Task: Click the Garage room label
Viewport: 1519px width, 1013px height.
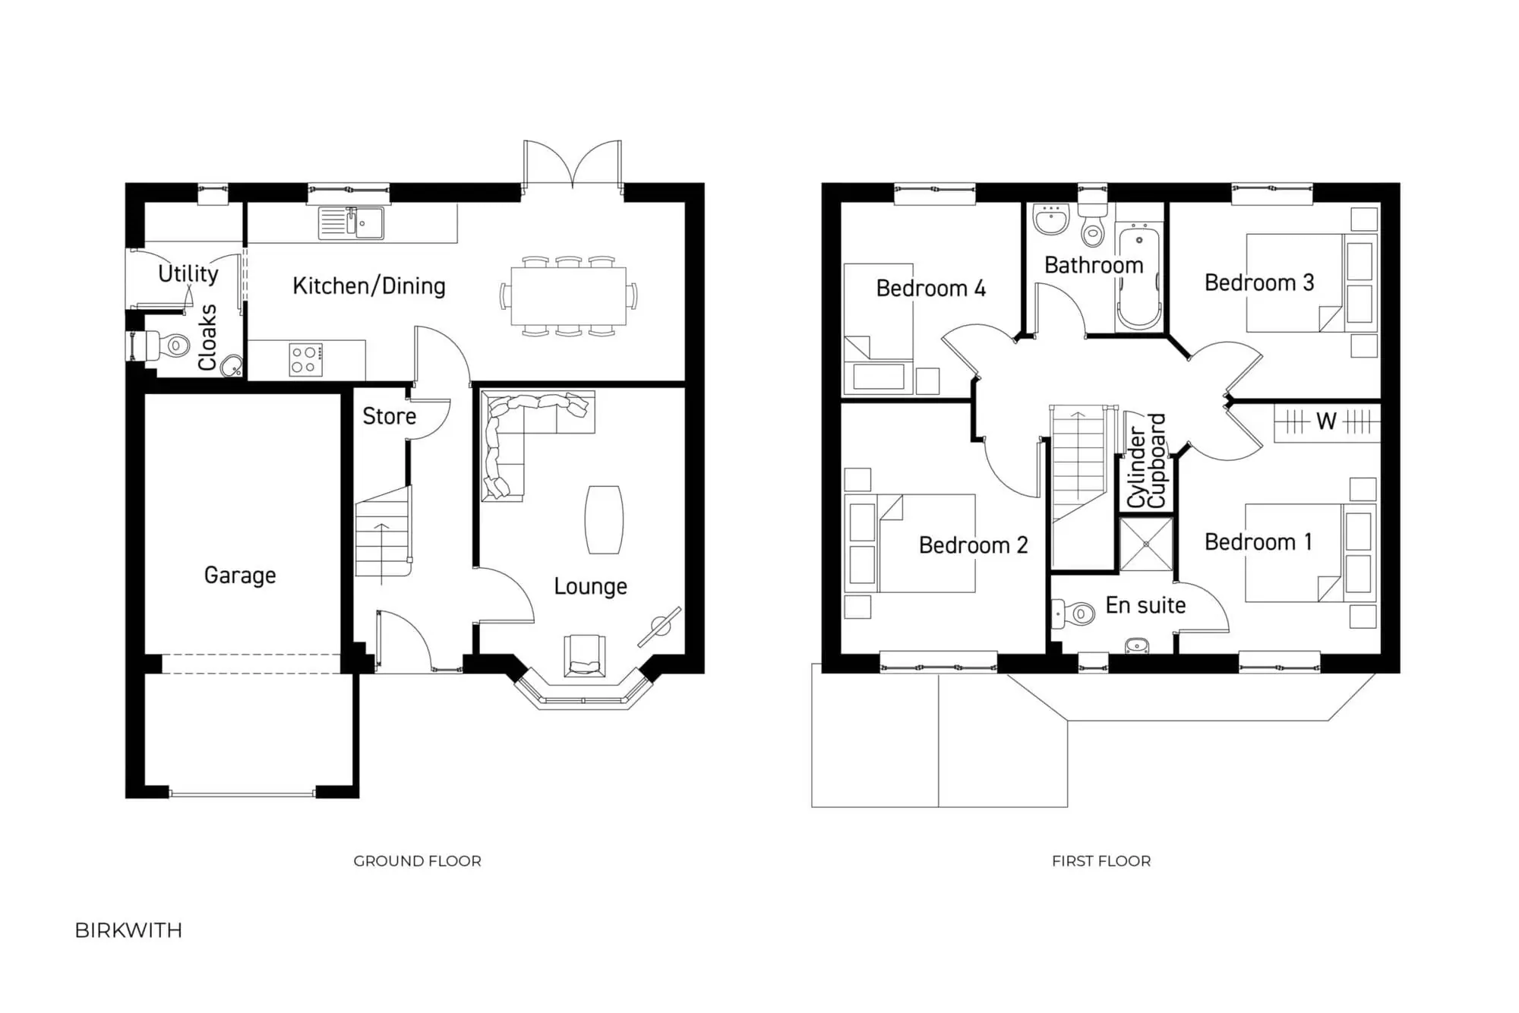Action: [x=240, y=575]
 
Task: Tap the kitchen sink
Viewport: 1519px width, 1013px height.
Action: [x=351, y=222]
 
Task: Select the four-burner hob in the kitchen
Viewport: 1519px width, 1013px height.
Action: [x=305, y=360]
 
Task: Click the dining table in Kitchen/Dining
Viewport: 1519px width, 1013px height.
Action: [x=568, y=295]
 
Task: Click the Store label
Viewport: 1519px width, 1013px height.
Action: [x=389, y=416]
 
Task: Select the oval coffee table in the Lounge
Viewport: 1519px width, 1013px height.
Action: [x=604, y=519]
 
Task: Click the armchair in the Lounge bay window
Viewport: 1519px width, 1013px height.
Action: [x=585, y=655]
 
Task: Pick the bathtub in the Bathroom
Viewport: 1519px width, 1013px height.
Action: [x=1139, y=277]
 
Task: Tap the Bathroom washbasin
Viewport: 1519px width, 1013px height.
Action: [x=1051, y=219]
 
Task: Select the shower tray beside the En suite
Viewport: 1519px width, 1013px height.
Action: [x=1146, y=544]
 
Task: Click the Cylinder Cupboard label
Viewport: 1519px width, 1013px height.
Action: [x=1146, y=462]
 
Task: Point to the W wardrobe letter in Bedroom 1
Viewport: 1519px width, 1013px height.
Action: [x=1326, y=421]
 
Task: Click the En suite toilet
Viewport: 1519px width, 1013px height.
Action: [x=1075, y=612]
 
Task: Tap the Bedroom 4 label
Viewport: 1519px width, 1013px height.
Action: [x=930, y=289]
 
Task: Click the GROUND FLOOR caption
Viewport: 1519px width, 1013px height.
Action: [x=417, y=861]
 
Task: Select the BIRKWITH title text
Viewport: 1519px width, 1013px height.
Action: [x=128, y=930]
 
